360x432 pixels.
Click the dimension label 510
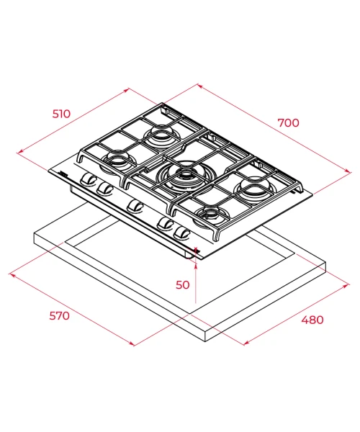(x=61, y=114)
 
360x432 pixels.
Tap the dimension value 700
(x=288, y=123)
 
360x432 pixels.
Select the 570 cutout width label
(x=59, y=316)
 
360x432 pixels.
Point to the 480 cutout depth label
(x=312, y=320)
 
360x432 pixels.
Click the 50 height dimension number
(x=183, y=285)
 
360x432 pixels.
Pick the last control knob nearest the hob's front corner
(x=181, y=233)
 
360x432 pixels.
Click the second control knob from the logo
(x=104, y=188)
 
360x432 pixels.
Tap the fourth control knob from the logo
(x=166, y=223)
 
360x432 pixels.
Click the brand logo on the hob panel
(x=63, y=174)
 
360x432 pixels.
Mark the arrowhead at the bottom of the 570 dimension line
(x=132, y=344)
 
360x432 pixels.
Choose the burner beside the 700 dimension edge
(x=254, y=189)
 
